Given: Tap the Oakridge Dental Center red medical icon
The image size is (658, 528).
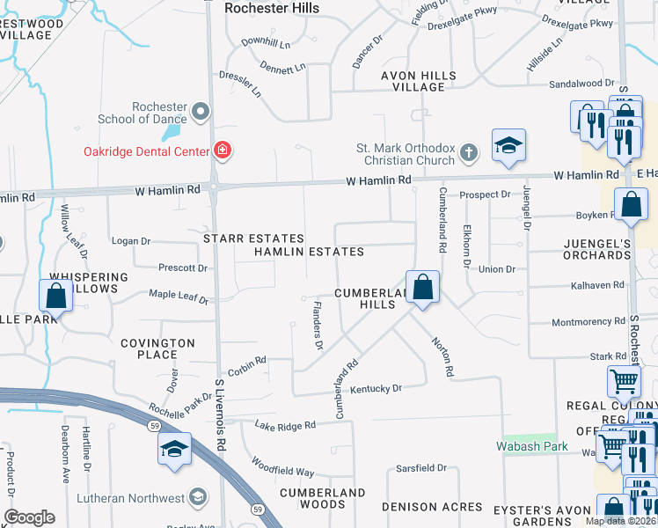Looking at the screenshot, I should [x=223, y=150].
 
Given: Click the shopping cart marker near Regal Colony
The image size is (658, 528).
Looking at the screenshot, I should [x=624, y=382].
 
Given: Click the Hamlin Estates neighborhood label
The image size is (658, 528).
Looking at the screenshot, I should [x=309, y=252].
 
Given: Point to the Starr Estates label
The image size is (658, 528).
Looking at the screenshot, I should [x=253, y=238].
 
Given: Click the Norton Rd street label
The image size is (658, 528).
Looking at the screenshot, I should [x=442, y=357].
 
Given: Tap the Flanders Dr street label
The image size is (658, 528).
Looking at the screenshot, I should [x=318, y=325].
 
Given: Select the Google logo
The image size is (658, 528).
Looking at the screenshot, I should [x=29, y=517].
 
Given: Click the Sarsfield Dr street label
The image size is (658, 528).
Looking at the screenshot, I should [x=423, y=468].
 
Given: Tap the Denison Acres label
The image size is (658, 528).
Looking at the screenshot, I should [x=432, y=507].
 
